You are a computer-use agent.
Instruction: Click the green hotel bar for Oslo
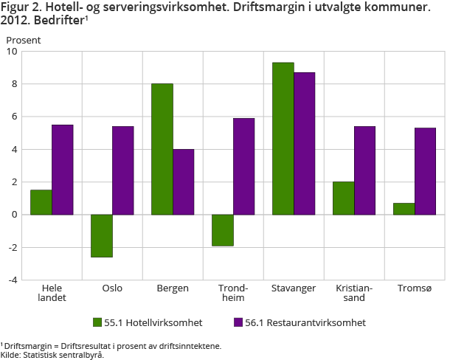click(x=102, y=235)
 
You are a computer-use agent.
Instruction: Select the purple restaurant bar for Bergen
click(x=183, y=181)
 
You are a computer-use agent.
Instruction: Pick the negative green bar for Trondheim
click(x=223, y=230)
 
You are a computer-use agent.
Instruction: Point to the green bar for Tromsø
click(x=404, y=209)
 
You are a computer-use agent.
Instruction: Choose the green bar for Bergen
click(x=162, y=149)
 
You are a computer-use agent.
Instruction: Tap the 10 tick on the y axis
click(x=13, y=52)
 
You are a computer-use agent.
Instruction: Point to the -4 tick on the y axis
click(x=13, y=280)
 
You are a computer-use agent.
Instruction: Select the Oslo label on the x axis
click(x=112, y=288)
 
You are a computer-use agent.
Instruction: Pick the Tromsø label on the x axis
click(x=414, y=288)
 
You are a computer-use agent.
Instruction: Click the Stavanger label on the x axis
click(x=294, y=288)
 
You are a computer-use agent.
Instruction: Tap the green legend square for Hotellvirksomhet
click(x=97, y=322)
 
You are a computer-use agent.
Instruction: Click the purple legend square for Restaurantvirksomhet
click(x=238, y=322)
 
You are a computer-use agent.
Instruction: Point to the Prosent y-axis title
click(x=24, y=39)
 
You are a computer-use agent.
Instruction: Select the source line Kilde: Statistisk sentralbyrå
click(x=52, y=355)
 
